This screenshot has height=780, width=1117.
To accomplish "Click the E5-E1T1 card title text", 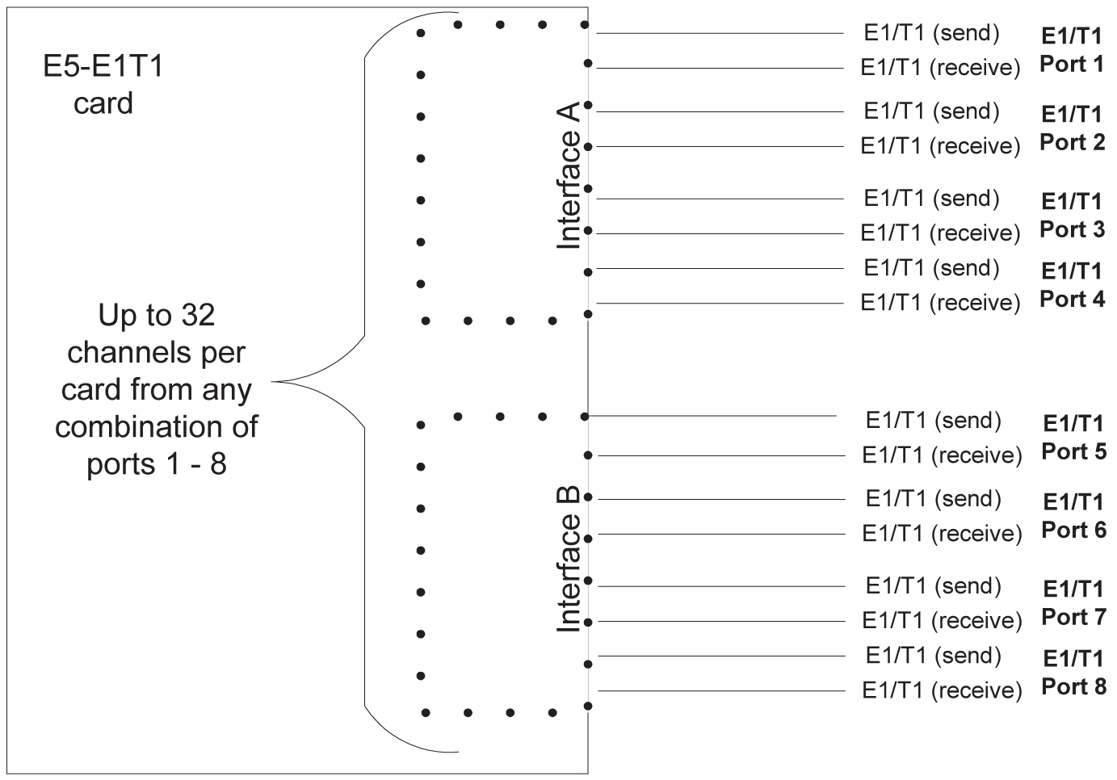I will (x=103, y=84).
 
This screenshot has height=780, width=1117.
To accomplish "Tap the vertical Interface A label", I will (x=570, y=175).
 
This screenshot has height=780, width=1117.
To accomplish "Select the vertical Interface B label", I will (x=570, y=559).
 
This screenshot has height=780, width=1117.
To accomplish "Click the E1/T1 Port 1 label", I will (x=1072, y=50).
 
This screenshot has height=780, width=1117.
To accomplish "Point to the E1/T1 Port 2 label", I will (x=1072, y=128).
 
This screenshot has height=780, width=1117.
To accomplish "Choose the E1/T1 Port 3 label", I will (x=1072, y=216).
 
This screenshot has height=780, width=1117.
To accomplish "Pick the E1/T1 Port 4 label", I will (x=1072, y=285).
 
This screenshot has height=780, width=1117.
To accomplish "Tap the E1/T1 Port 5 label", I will (x=1073, y=438).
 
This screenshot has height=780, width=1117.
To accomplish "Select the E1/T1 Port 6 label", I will (x=1073, y=516).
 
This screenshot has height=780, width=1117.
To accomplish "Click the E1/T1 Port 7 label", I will (x=1073, y=603).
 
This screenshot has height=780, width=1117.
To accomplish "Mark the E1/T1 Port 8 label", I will (x=1073, y=673).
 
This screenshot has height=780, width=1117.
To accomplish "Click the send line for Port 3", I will (x=719, y=199).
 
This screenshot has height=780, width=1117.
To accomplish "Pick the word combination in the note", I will (x=156, y=427).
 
